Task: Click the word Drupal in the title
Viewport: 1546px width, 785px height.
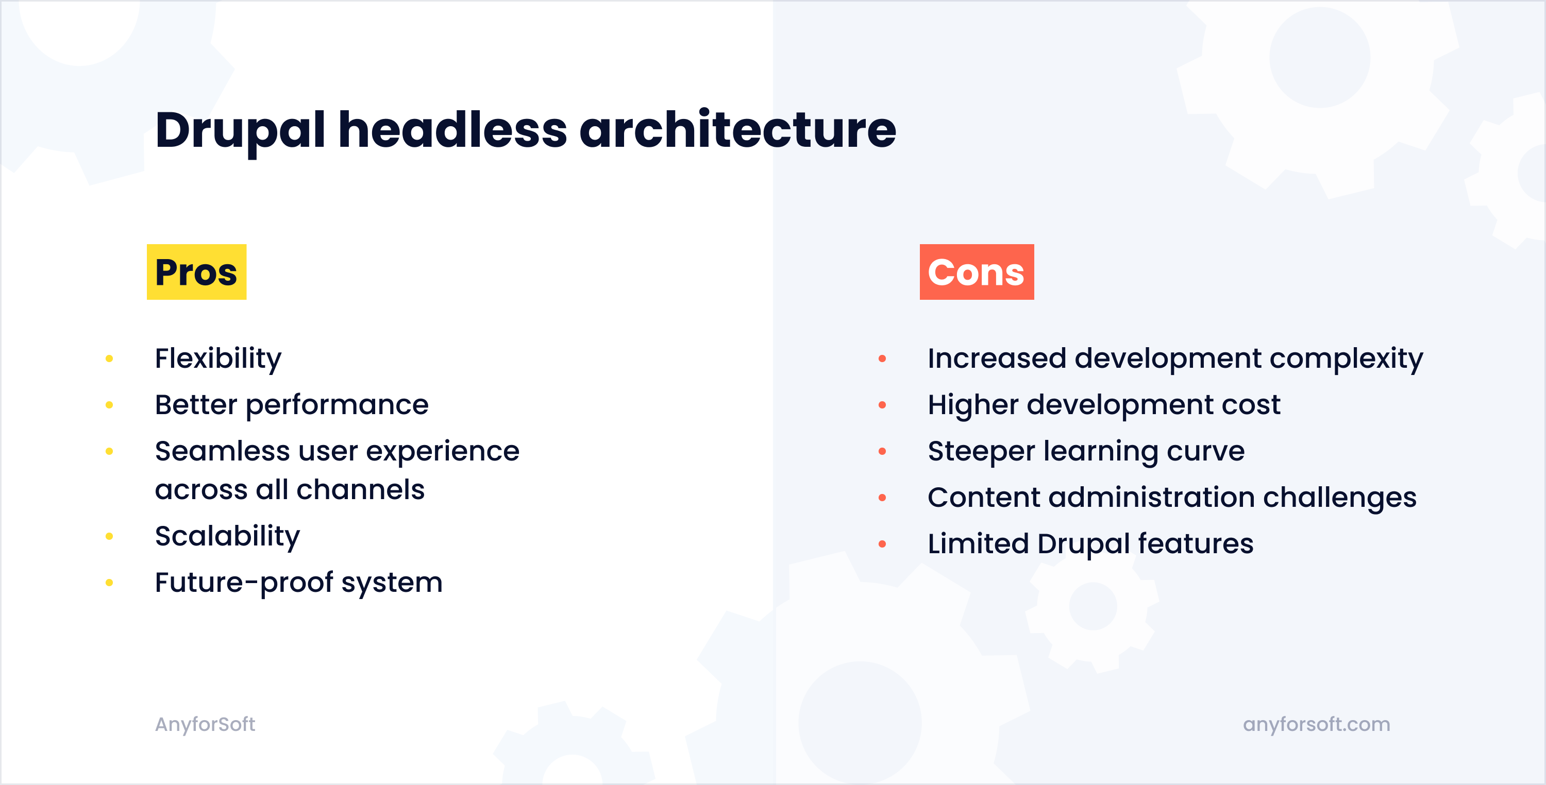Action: [x=240, y=131]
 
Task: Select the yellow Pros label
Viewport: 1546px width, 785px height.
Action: [x=196, y=271]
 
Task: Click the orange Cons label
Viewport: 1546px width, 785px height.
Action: [x=977, y=271]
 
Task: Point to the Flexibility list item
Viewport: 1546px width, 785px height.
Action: [x=218, y=359]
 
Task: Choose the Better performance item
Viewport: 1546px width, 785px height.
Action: [x=292, y=405]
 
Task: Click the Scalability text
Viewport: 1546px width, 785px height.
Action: [x=227, y=537]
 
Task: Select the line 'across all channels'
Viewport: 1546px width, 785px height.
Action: [x=290, y=490]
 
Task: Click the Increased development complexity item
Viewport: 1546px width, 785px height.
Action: [x=1175, y=359]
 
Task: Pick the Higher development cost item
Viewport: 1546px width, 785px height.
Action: [x=1104, y=405]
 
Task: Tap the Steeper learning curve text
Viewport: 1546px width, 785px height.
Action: [x=1086, y=452]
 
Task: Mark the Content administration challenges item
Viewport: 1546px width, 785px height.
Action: [x=1172, y=498]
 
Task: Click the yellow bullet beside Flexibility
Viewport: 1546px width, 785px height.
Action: [x=109, y=359]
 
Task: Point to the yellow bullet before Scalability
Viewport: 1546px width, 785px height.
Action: [x=109, y=536]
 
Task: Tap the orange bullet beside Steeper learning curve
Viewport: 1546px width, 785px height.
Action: [x=882, y=452]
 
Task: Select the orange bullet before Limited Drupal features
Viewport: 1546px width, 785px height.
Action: [x=882, y=544]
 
